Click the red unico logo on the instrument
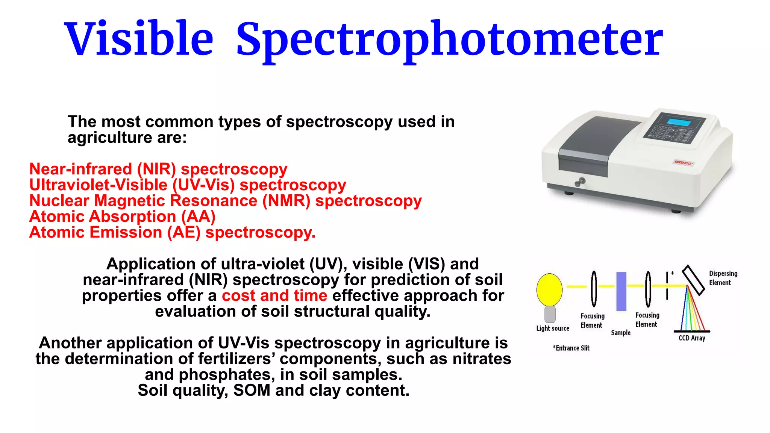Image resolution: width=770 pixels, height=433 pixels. (x=683, y=163)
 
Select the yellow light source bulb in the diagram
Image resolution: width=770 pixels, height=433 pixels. (x=549, y=289)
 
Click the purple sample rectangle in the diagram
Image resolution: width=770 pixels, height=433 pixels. (x=621, y=291)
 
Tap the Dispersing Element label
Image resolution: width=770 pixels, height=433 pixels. (x=723, y=278)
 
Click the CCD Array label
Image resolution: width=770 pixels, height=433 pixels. (x=692, y=338)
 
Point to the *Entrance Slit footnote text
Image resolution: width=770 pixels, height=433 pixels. (x=571, y=348)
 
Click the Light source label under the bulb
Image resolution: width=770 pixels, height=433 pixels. (x=553, y=328)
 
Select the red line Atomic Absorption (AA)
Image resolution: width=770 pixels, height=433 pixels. (x=122, y=217)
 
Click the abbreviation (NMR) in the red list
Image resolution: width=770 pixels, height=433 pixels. (x=286, y=201)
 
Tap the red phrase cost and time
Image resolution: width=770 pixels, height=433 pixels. (x=274, y=296)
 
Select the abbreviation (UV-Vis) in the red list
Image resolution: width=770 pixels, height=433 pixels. (x=203, y=185)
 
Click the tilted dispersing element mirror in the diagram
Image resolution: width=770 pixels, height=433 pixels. (x=693, y=280)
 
